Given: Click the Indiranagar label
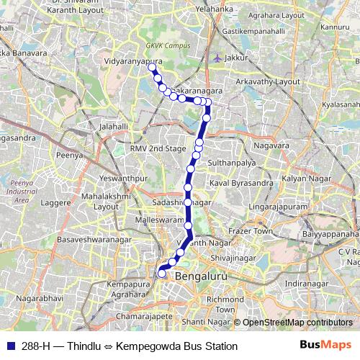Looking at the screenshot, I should (306, 283).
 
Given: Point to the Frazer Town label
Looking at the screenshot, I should (249, 231).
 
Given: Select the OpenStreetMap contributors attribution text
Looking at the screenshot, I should (297, 322).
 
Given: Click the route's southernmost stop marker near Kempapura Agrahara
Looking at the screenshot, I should (162, 274).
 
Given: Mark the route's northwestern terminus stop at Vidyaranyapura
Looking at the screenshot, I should (152, 66).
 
